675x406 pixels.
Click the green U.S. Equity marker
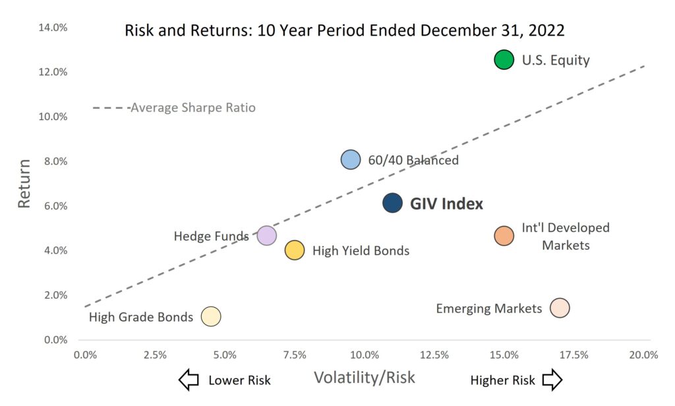tap(504, 59)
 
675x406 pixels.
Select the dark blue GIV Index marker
tap(392, 203)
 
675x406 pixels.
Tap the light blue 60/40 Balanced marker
tap(351, 159)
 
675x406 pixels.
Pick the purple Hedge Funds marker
tap(266, 235)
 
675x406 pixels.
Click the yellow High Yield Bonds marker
tap(294, 250)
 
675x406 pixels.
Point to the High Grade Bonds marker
tap(210, 316)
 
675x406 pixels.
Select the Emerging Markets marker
tap(560, 308)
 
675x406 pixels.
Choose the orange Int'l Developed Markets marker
tap(504, 236)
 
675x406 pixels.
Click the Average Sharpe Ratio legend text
tap(192, 107)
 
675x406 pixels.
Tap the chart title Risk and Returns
tap(344, 30)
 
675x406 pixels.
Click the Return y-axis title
tap(24, 183)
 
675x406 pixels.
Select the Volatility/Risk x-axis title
tap(365, 378)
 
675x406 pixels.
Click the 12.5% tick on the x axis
tap(434, 355)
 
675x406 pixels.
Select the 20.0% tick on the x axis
tap(643, 355)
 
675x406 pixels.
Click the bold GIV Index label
tap(446, 204)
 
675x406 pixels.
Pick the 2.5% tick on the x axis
tap(155, 355)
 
